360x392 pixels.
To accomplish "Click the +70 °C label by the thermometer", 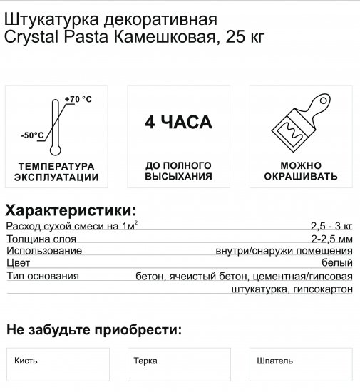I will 78,98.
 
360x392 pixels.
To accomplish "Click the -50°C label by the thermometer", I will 33,135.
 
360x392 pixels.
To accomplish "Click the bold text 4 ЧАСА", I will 178,123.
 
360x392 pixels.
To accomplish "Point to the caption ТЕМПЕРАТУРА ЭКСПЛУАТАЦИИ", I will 56,171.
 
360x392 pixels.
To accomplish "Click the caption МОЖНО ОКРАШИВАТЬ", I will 300,171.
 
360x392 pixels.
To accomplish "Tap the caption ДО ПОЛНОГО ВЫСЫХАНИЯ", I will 178,170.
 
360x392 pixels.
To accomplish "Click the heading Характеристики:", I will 71,211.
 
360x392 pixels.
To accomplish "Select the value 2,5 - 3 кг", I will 331,227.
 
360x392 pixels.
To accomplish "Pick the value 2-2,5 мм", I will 331,239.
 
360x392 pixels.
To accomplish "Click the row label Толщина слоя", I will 40,239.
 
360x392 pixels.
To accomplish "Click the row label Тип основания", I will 42,276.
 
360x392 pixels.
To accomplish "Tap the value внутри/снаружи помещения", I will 284,251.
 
